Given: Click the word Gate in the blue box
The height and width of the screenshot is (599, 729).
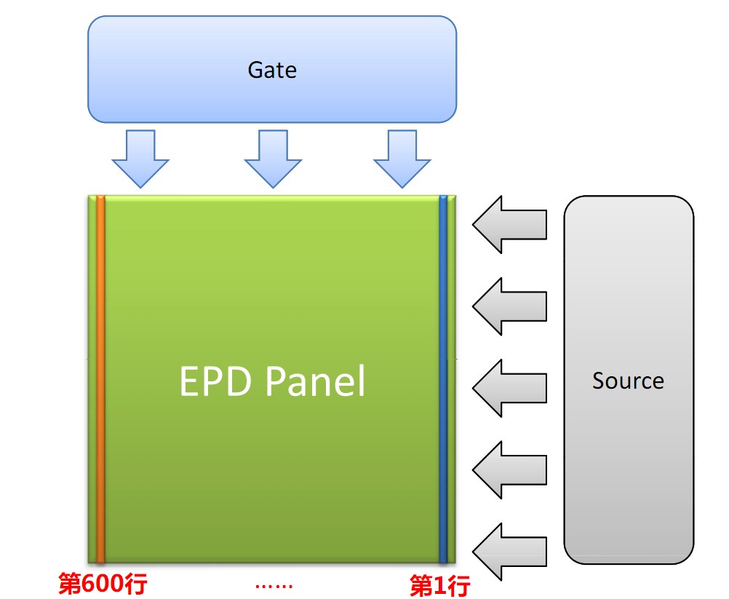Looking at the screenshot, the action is coord(272,70).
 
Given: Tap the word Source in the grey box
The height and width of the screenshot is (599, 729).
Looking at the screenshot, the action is coord(628,381).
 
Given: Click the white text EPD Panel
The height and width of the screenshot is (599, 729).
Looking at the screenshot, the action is coord(272,381).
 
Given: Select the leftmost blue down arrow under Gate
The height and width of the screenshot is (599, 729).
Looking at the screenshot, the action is coord(140,159).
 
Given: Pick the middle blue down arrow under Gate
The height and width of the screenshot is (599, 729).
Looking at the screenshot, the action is coord(273,159).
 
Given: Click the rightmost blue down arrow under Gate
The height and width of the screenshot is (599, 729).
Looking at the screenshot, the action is coord(402,159).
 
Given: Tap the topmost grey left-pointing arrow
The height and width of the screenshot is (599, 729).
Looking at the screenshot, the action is coord(509,225).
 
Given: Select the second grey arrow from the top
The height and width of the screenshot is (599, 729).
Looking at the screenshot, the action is coord(509,306).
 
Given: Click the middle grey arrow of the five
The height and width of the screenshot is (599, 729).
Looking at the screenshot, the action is coord(509,389).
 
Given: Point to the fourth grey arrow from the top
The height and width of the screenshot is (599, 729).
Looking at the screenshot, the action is coord(509,470).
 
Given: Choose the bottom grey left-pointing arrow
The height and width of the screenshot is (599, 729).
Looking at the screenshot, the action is coord(509,552).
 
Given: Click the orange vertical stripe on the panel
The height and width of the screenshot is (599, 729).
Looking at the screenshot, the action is coord(100,379).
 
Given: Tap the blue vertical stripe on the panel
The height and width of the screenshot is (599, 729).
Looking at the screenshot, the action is coord(443,379).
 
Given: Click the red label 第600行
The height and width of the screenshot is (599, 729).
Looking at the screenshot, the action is coord(103,583).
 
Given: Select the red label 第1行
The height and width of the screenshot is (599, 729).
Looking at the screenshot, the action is coord(440,585).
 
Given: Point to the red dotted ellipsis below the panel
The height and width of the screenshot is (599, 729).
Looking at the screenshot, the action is coord(274,586).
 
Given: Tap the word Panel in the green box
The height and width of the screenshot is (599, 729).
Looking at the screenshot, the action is coord(316,381).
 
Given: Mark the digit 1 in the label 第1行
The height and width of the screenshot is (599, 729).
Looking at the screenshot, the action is coord(440,585).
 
